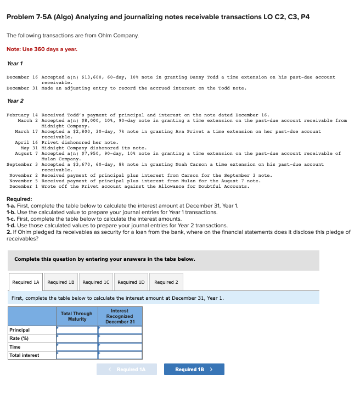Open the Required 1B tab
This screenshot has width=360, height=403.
[x=61, y=282]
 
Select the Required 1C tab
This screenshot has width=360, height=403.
[x=96, y=282]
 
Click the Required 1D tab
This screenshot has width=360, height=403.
[x=131, y=282]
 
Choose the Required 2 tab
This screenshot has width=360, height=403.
[x=166, y=282]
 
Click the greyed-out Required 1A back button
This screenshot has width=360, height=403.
[x=127, y=370]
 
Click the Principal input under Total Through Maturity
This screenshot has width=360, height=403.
[x=77, y=330]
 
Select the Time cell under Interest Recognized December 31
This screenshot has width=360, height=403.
[x=120, y=347]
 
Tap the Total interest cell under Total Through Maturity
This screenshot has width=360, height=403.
[x=77, y=355]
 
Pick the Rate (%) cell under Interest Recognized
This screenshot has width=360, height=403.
[x=120, y=338]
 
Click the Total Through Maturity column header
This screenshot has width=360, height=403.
[x=77, y=316]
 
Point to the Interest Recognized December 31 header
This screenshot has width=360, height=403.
[x=120, y=316]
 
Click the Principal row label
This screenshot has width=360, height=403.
[x=20, y=330]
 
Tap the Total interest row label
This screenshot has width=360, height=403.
[x=24, y=355]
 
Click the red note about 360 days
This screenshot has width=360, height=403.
[x=42, y=49]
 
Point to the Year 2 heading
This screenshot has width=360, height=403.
[x=15, y=101]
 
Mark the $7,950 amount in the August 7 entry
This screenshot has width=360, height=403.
[x=82, y=154]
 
